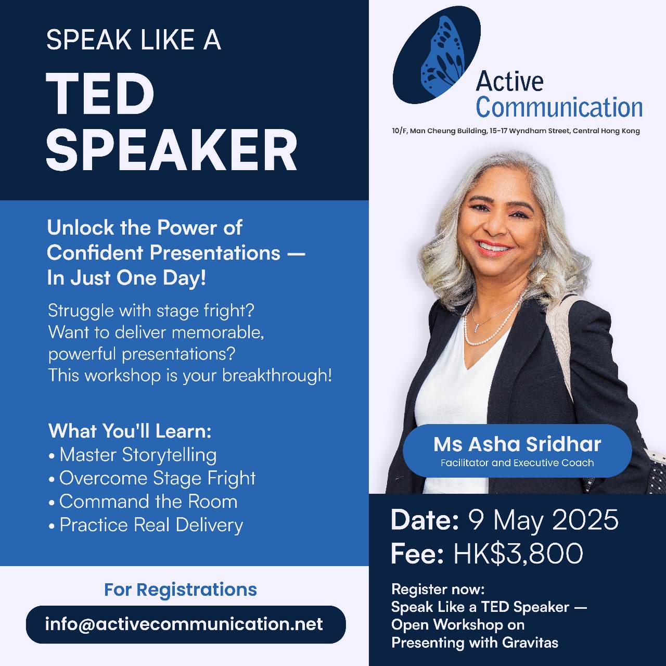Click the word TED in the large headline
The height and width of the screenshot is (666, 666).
tap(100, 94)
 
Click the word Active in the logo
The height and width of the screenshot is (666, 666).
tap(509, 82)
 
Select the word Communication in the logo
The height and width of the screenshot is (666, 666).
tap(559, 108)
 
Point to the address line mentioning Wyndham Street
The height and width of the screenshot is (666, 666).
tap(516, 131)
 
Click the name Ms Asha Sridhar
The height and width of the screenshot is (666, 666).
tap(517, 444)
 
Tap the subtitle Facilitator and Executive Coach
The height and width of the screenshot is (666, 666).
tap(517, 463)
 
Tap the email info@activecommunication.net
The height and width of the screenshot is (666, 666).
tap(184, 624)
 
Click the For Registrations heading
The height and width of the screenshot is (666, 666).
tap(181, 590)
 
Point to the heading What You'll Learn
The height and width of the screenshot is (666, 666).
tap(130, 431)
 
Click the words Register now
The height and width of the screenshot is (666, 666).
tap(438, 590)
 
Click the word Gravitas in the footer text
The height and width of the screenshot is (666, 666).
tap(530, 643)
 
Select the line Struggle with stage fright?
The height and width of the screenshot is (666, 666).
tap(151, 311)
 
